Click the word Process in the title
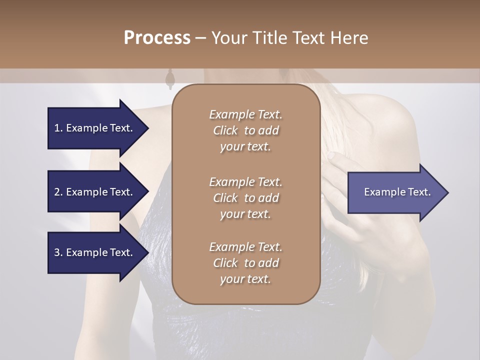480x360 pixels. pyautogui.click(x=157, y=38)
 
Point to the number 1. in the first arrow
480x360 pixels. pyautogui.click(x=58, y=128)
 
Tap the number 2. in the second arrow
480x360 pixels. pyautogui.click(x=58, y=192)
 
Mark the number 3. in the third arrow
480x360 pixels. pyautogui.click(x=58, y=252)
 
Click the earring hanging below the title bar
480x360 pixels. pyautogui.click(x=169, y=78)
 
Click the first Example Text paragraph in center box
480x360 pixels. pyautogui.click(x=245, y=130)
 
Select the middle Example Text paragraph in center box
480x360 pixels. pyautogui.click(x=245, y=197)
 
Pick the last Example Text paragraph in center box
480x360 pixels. pyautogui.click(x=245, y=263)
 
